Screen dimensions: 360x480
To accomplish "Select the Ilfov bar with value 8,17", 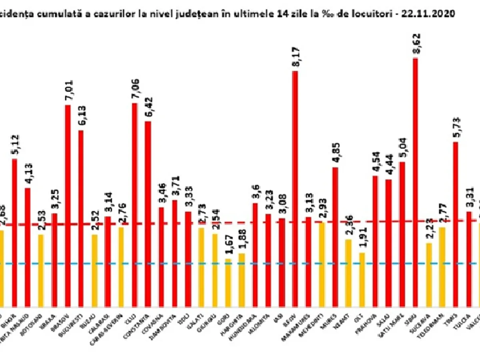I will (295, 188).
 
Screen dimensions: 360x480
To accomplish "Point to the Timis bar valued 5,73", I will (456, 224).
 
